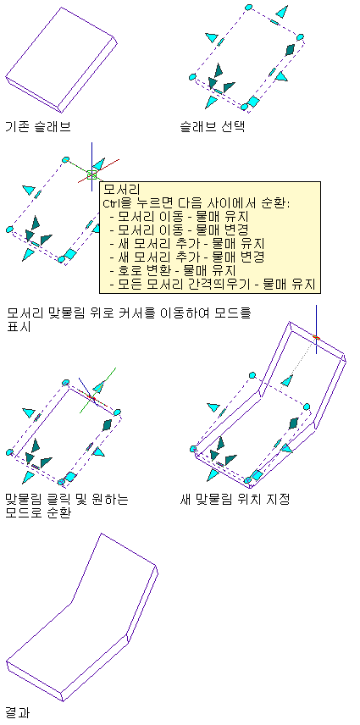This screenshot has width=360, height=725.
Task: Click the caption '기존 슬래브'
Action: (38, 126)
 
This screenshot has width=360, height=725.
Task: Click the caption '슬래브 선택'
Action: (212, 126)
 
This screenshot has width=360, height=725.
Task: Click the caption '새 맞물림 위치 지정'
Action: (235, 500)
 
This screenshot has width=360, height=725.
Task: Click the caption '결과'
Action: (18, 712)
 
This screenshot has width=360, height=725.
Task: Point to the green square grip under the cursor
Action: (91, 174)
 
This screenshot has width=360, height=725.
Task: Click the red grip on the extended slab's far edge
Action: (316, 338)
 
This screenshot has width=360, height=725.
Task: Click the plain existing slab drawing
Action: (60, 60)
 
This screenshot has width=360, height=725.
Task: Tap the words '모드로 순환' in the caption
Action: (38, 513)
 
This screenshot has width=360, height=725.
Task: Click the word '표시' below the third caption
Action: (18, 328)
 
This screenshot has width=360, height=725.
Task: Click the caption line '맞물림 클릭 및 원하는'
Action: (67, 500)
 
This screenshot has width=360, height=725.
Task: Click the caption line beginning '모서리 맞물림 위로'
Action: (129, 313)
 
